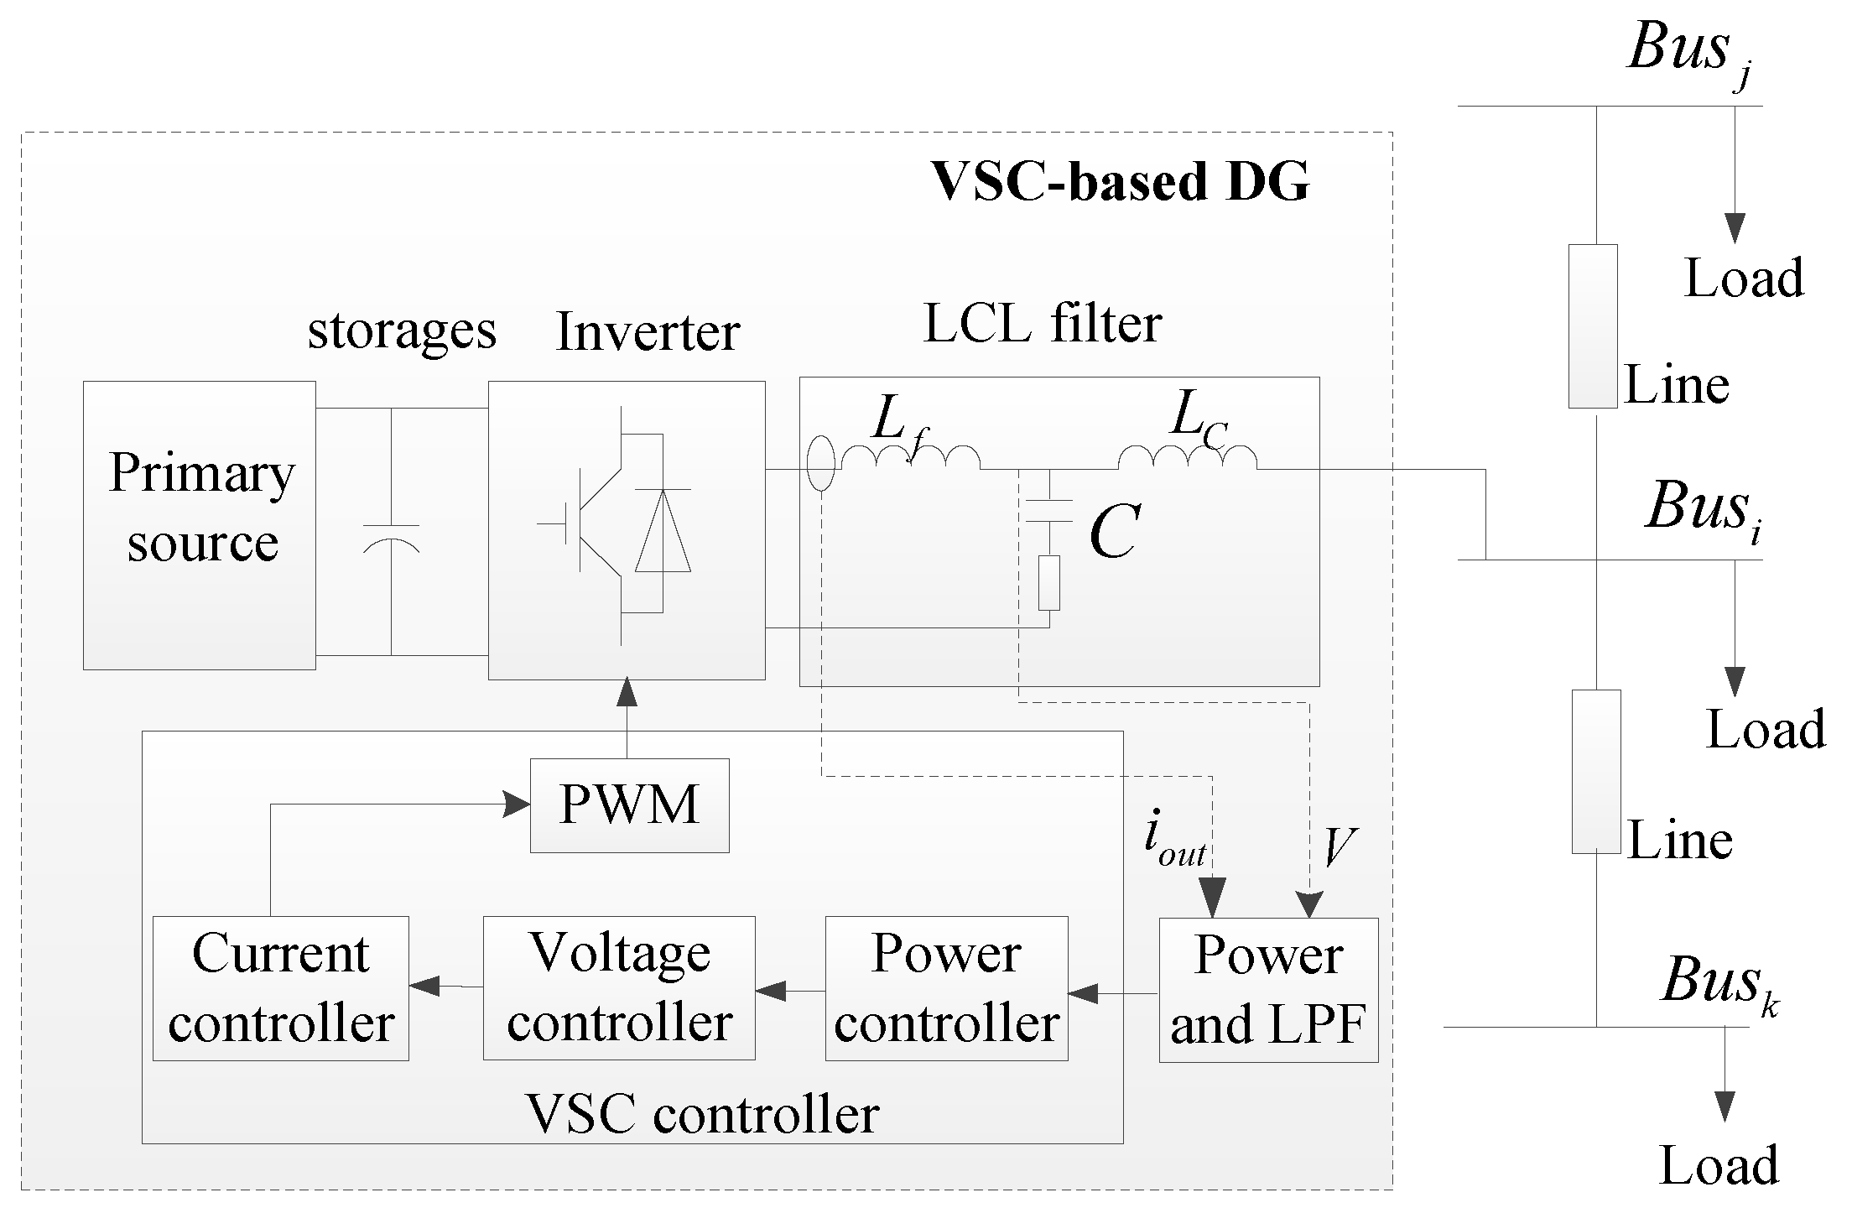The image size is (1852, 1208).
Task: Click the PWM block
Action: (x=629, y=805)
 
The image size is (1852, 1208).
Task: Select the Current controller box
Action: (x=280, y=988)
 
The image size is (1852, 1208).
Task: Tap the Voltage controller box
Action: (x=619, y=988)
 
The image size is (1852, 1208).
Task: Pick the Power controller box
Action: (x=946, y=988)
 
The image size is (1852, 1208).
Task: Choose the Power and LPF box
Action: (x=1268, y=990)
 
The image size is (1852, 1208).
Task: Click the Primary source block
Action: (x=200, y=525)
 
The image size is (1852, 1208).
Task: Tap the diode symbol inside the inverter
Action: (x=663, y=529)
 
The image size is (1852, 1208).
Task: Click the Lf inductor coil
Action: (x=911, y=457)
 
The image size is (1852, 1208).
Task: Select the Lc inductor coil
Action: (x=1188, y=457)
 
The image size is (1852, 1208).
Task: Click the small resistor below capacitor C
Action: (x=1048, y=582)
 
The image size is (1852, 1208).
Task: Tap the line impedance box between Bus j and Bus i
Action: (x=1594, y=326)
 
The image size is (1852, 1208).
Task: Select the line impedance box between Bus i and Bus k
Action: (x=1596, y=772)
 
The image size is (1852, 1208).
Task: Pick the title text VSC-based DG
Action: (x=1121, y=181)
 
